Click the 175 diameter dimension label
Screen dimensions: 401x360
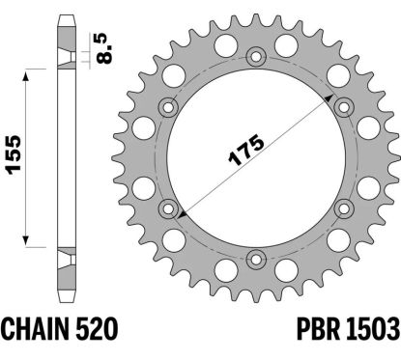point(246,150)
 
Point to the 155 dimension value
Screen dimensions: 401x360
point(14,155)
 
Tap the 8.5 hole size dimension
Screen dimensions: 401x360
point(104,48)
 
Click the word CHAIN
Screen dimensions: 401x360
point(36,329)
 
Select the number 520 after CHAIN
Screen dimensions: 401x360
point(97,329)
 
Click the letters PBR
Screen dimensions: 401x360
point(318,329)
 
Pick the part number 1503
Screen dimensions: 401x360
point(373,329)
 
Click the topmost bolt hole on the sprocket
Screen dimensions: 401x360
point(256,57)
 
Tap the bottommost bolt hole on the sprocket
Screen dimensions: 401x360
point(256,259)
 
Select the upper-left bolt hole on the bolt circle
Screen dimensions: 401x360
point(168,107)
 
